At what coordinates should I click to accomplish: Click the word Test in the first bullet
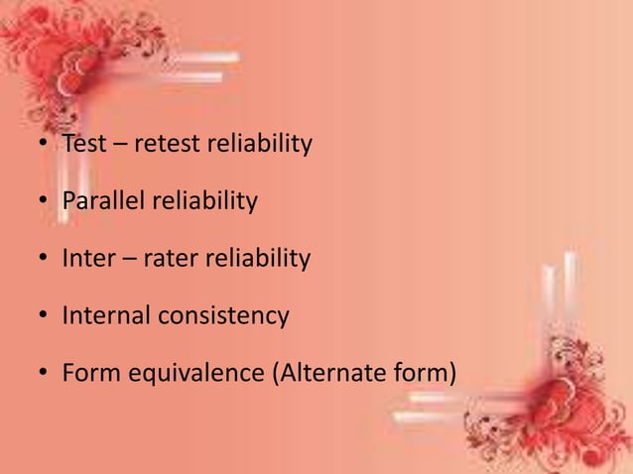point(82,145)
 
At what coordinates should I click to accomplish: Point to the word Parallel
point(103,202)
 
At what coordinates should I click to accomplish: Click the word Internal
point(105,316)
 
